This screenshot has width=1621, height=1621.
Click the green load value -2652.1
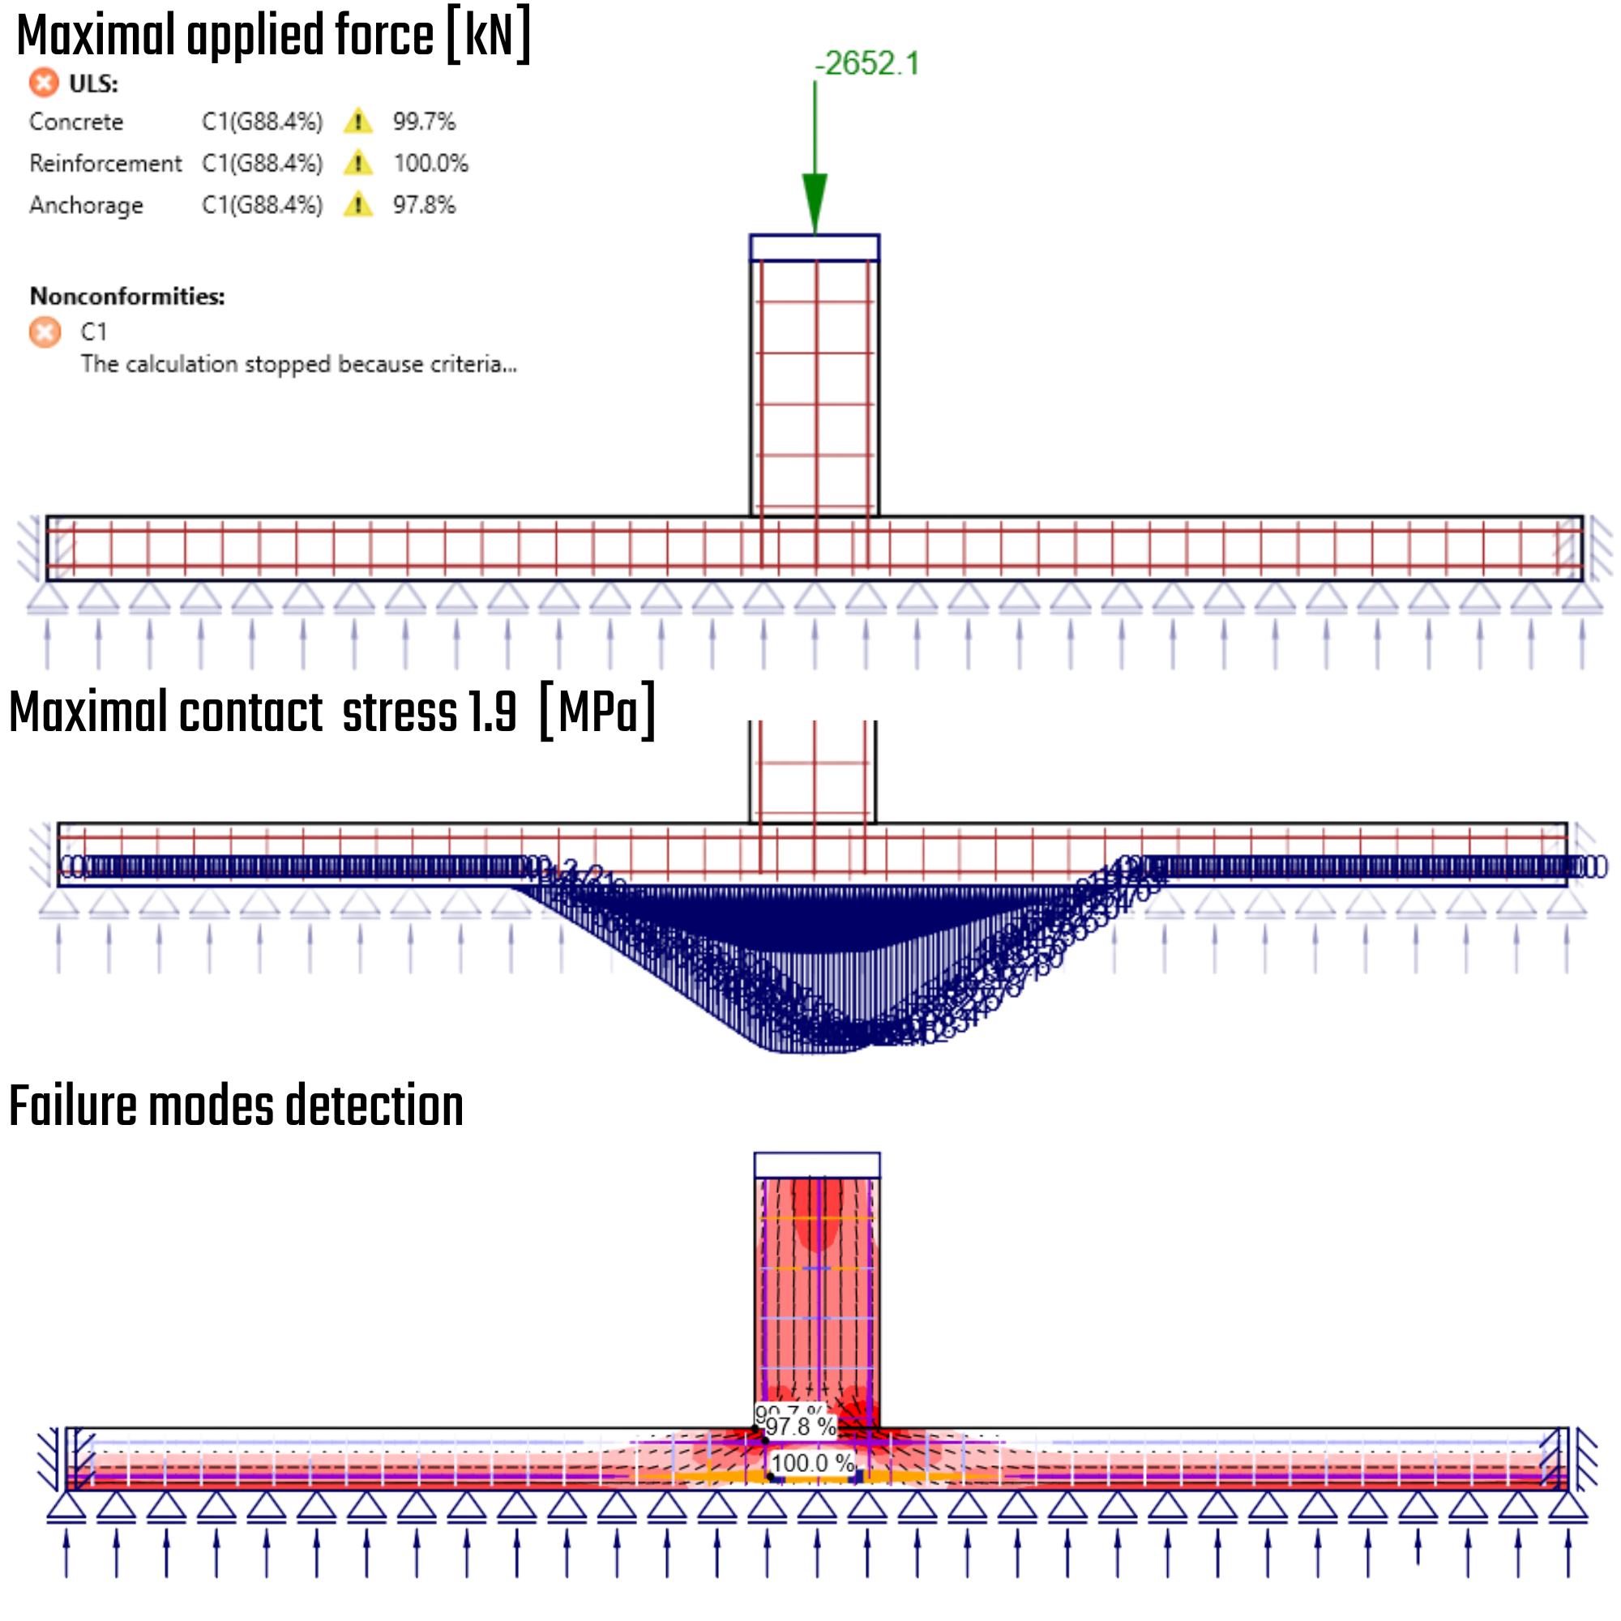pyautogui.click(x=866, y=64)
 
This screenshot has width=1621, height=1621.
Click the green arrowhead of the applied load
pyautogui.click(x=815, y=201)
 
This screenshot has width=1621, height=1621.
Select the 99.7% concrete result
pyautogui.click(x=424, y=122)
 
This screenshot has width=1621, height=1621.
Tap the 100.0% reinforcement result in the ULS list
pyautogui.click(x=430, y=163)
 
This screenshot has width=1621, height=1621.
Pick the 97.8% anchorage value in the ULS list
pyautogui.click(x=424, y=205)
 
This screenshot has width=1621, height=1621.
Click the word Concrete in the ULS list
pyautogui.click(x=76, y=122)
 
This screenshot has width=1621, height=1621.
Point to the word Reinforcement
pyautogui.click(x=105, y=163)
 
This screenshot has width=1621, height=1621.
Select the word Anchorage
pyautogui.click(x=86, y=205)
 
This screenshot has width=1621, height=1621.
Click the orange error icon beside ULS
pyautogui.click(x=45, y=83)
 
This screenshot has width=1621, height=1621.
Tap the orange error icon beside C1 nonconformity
pyautogui.click(x=45, y=332)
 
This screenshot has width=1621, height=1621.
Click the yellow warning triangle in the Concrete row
pyautogui.click(x=358, y=122)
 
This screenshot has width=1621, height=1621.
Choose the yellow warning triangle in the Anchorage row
pyautogui.click(x=358, y=205)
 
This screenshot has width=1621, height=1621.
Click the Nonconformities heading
pyautogui.click(x=127, y=296)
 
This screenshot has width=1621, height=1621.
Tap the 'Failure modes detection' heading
pyautogui.click(x=236, y=1106)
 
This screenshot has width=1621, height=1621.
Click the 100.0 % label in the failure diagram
pyautogui.click(x=811, y=1463)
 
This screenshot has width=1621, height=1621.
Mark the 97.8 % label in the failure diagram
pyautogui.click(x=801, y=1426)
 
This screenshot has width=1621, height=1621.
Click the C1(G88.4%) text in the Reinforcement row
pyautogui.click(x=262, y=163)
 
